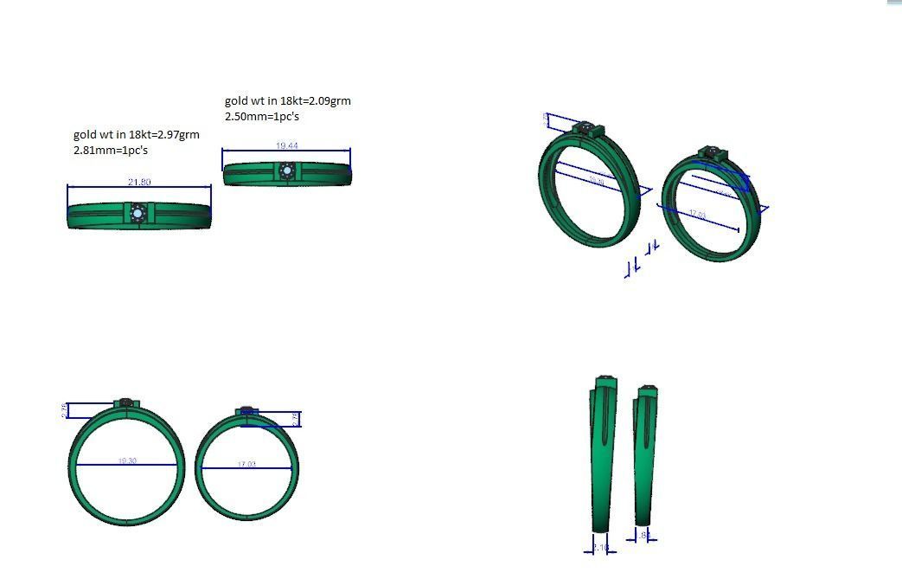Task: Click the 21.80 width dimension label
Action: click(138, 182)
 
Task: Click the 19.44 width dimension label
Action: click(287, 145)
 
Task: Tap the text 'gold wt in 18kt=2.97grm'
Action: click(136, 134)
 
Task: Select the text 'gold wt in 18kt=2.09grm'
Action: click(287, 100)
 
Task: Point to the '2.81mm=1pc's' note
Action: click(111, 150)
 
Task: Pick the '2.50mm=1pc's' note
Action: click(262, 116)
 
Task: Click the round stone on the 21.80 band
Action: click(138, 213)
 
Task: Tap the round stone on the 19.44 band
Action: click(287, 171)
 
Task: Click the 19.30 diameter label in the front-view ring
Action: click(127, 460)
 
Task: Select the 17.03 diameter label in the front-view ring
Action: click(246, 465)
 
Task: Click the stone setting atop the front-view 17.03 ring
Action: click(247, 410)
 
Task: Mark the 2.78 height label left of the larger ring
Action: click(66, 410)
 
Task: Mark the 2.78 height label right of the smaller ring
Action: click(296, 419)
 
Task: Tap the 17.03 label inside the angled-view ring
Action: click(697, 214)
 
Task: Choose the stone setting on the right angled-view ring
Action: click(713, 152)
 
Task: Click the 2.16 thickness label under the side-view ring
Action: click(600, 547)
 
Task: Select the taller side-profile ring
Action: click(603, 454)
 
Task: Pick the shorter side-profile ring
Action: click(643, 454)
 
